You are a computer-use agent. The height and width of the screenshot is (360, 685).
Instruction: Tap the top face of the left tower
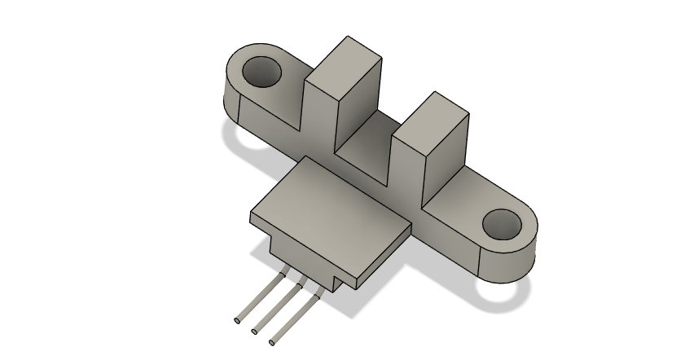pos(349,57)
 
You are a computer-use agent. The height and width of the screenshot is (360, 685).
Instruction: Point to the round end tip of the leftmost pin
pos(237,321)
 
